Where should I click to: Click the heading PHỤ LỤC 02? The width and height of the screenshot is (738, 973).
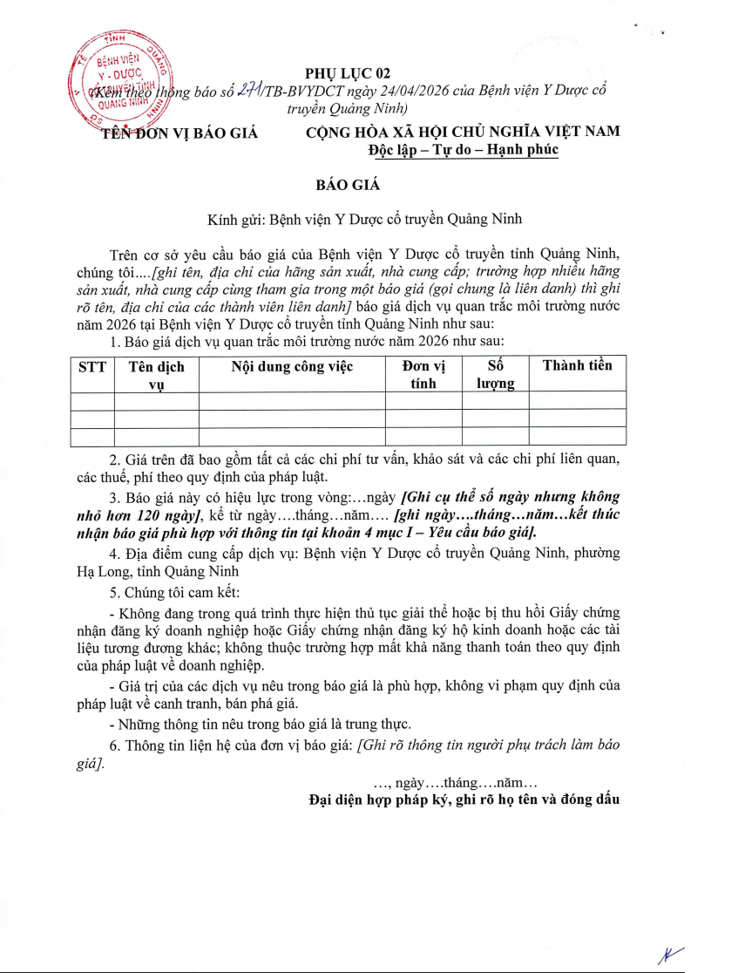[344, 74]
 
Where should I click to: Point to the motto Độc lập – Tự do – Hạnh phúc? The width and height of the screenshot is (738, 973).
[463, 150]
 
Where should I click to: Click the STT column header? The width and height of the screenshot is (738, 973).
[92, 366]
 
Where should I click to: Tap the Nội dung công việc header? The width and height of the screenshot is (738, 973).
[292, 367]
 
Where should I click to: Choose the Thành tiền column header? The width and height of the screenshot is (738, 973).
[577, 365]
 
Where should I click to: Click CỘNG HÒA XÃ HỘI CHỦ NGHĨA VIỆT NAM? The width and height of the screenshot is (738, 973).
[463, 132]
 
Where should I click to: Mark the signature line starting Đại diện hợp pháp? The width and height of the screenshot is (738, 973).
[464, 799]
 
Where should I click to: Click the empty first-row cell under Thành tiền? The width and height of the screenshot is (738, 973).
[577, 400]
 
